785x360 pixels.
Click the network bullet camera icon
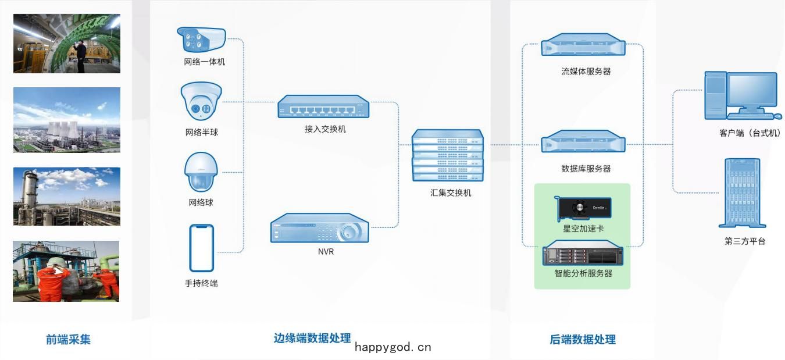(x=201, y=40)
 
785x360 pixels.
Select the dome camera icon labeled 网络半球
(x=201, y=102)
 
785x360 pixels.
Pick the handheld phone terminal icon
(x=202, y=248)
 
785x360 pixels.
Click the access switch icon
(x=323, y=106)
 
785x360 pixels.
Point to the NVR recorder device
(x=320, y=228)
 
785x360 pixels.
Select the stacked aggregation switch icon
(x=448, y=155)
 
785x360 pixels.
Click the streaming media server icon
(x=583, y=45)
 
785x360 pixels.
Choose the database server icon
(x=583, y=141)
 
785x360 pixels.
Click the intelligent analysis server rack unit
(x=583, y=253)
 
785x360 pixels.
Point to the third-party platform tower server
(x=742, y=193)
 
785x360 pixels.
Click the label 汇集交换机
(x=451, y=193)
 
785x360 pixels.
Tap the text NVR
(x=326, y=252)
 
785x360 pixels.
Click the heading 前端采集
(x=69, y=339)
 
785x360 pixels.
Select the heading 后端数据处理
(x=583, y=339)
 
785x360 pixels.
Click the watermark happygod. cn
(x=393, y=347)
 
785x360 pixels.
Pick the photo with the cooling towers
(x=67, y=120)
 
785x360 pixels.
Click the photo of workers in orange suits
(x=66, y=271)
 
